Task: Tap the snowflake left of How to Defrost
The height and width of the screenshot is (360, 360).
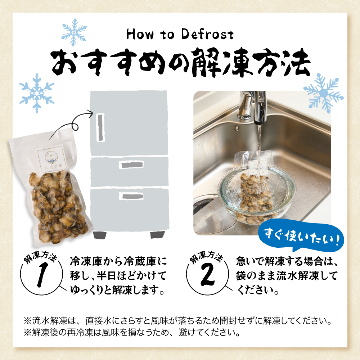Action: pyautogui.click(x=75, y=32)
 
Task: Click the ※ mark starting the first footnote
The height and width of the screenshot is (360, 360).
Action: pyautogui.click(x=28, y=320)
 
